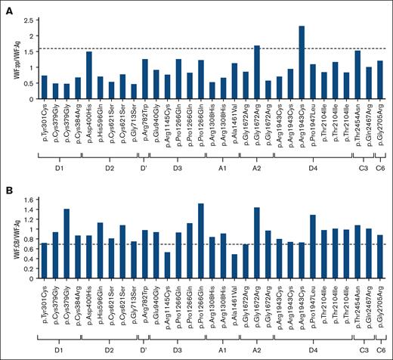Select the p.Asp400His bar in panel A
click(x=88, y=73)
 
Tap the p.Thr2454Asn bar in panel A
click(x=357, y=72)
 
